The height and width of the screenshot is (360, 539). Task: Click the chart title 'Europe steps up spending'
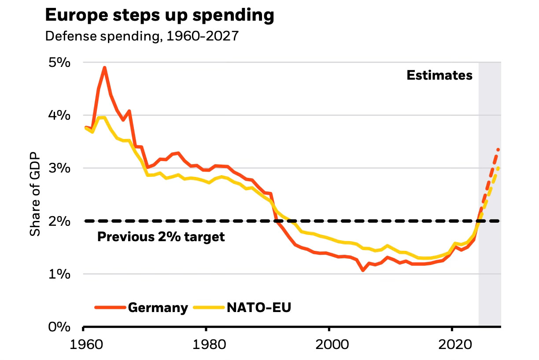point(159,15)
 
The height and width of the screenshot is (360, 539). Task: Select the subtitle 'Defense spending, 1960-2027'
point(142,36)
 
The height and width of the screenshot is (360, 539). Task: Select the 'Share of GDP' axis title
point(35,194)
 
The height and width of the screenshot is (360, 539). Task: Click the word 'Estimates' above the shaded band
point(439,75)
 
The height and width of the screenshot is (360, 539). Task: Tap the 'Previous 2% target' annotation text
point(161,237)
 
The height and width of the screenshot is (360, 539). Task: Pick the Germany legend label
point(158,307)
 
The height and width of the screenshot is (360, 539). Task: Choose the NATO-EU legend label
point(259,307)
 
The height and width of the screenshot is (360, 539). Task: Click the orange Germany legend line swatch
point(110,307)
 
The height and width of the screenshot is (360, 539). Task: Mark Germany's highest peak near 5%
point(104,68)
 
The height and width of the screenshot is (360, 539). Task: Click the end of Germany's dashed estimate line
point(498,150)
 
